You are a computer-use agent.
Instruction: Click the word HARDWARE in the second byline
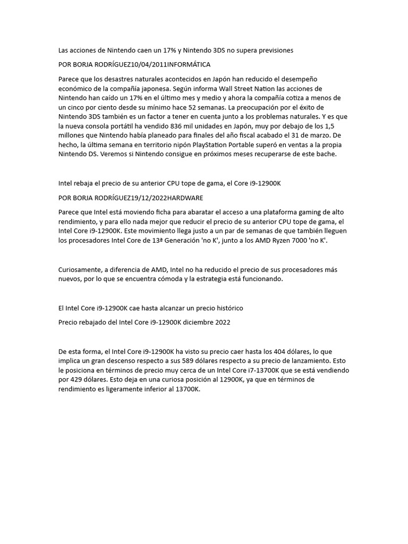(x=185, y=198)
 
